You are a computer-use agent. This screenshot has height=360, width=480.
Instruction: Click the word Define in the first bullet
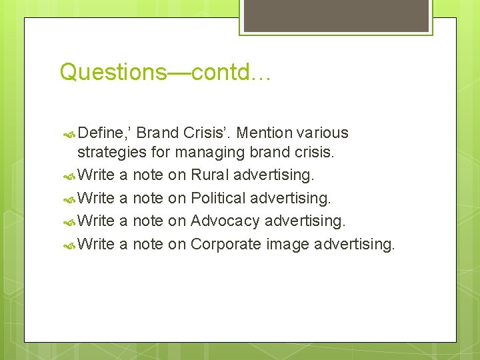(x=99, y=133)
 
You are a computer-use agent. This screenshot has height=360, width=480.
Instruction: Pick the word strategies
(x=112, y=153)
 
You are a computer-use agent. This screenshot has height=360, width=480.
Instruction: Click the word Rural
(x=209, y=175)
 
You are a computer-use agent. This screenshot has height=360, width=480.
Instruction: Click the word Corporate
(x=226, y=244)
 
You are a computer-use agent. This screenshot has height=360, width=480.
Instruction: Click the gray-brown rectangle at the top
(x=335, y=15)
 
